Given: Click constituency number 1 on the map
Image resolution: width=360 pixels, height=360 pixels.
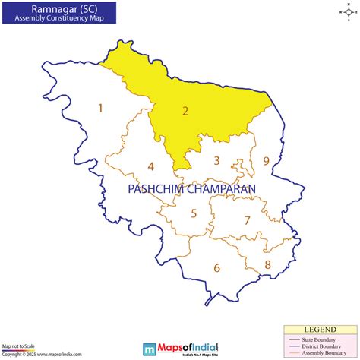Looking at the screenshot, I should tap(99, 109).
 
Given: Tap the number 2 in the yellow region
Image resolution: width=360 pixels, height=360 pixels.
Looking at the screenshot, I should tap(185, 111).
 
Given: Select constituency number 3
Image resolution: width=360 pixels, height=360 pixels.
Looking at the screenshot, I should tap(216, 160).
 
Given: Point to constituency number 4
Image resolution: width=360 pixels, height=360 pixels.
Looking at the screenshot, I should tap(151, 167).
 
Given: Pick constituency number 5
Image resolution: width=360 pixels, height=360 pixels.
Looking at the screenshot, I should tap(194, 213).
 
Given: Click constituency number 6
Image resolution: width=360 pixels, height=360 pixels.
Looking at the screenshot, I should tap(216, 267).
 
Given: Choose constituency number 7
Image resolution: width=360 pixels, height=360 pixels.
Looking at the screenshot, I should tap(247, 220).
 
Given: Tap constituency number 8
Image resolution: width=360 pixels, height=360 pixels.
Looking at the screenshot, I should tap(267, 264).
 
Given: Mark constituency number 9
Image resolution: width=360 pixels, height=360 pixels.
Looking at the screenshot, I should tap(266, 161).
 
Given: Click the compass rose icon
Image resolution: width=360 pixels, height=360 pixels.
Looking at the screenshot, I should tap(346, 12).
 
